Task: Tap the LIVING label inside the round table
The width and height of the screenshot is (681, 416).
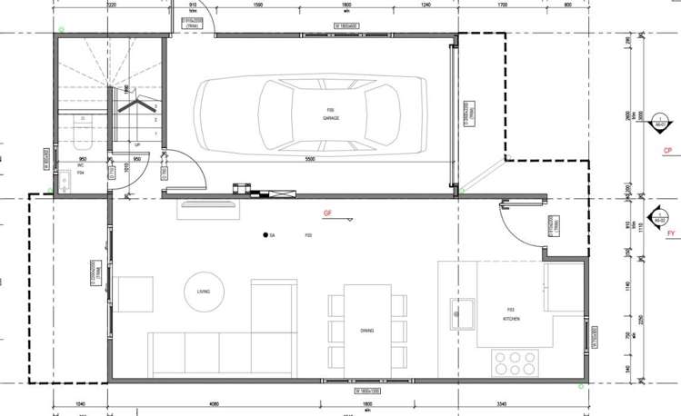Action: click(204, 292)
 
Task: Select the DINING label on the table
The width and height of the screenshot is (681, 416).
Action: click(367, 331)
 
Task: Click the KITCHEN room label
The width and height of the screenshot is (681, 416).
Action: click(512, 320)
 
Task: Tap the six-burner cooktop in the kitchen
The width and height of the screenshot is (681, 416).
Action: click(516, 362)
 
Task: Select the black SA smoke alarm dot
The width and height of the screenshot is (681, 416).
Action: click(267, 236)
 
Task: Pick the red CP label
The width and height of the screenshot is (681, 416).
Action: click(667, 150)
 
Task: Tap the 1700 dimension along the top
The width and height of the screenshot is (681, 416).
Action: click(503, 5)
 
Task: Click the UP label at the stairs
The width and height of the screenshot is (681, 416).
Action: click(137, 144)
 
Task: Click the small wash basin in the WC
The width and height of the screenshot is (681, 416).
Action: click(64, 183)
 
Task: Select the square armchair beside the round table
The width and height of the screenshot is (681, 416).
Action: click(135, 293)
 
